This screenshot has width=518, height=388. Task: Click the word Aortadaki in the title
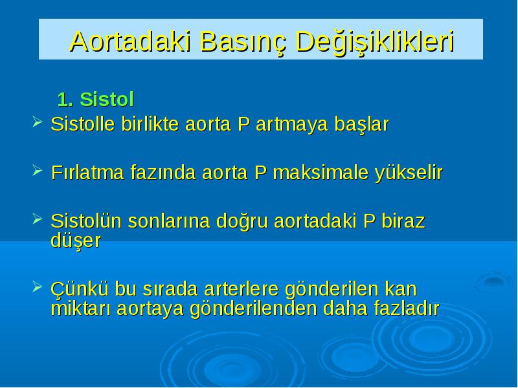click(131, 41)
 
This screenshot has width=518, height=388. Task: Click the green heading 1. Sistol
click(95, 100)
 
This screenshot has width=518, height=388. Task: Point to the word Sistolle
click(83, 124)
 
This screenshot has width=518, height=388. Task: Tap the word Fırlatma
click(87, 173)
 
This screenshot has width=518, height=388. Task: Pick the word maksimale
click(321, 173)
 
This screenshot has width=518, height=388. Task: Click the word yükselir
click(409, 173)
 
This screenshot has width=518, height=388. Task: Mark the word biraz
click(403, 221)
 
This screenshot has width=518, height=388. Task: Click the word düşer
click(76, 241)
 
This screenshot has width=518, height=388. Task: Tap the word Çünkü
click(79, 289)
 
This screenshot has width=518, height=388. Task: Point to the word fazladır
click(407, 308)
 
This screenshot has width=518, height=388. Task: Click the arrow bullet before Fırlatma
click(38, 170)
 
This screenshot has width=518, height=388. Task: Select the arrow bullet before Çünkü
click(38, 286)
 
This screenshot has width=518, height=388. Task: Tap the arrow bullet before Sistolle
click(38, 122)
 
